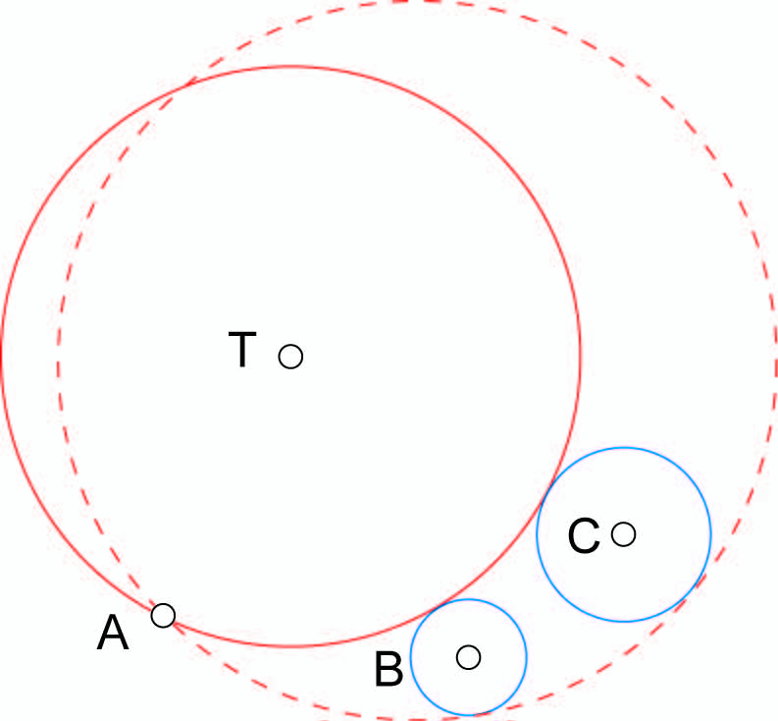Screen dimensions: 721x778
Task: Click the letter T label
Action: [241, 350]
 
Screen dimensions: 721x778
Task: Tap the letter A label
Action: [113, 635]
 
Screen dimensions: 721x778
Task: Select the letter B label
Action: [389, 671]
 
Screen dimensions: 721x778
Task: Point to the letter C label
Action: [584, 536]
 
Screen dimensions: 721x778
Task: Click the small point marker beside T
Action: [290, 356]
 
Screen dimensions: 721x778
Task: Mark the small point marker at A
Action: [163, 616]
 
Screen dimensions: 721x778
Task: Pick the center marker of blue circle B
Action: [469, 656]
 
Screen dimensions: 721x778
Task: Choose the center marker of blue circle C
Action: [623, 534]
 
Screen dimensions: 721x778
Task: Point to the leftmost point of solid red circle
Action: [1, 356]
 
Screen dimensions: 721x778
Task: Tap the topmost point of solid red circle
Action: [290, 66]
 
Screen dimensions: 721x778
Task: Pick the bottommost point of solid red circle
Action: [290, 646]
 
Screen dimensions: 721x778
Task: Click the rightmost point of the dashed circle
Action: [777, 360]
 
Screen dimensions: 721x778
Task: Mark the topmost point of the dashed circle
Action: [417, 1]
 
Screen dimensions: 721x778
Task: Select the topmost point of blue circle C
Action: [623, 448]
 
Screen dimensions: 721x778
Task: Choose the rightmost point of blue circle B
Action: [527, 656]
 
